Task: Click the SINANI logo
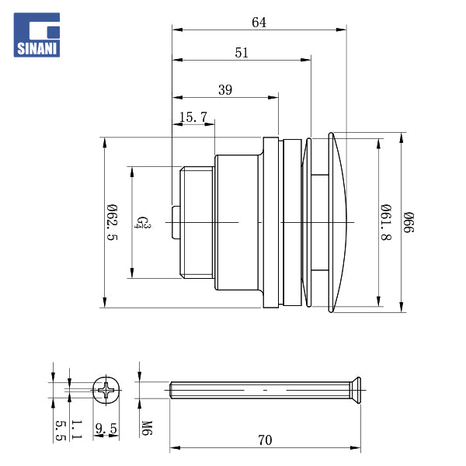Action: pyautogui.click(x=37, y=35)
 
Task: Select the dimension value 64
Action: pyautogui.click(x=259, y=23)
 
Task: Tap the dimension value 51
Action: pyautogui.click(x=242, y=53)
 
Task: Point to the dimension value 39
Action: pyautogui.click(x=224, y=90)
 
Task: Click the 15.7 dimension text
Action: pyautogui.click(x=193, y=117)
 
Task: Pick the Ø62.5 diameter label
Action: pyautogui.click(x=113, y=222)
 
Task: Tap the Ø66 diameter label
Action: pyautogui.click(x=409, y=223)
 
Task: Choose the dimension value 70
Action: pyautogui.click(x=265, y=440)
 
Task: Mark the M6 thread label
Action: pyautogui.click(x=145, y=427)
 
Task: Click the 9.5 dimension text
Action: pyautogui.click(x=106, y=428)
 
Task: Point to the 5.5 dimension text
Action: pyautogui.click(x=60, y=429)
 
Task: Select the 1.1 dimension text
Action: pyautogui.click(x=75, y=429)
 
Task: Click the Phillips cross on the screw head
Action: pyautogui.click(x=106, y=389)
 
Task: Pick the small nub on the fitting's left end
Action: pyautogui.click(x=175, y=223)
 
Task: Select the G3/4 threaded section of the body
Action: pyautogui.click(x=196, y=222)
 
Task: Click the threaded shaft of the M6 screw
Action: pyautogui.click(x=256, y=388)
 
